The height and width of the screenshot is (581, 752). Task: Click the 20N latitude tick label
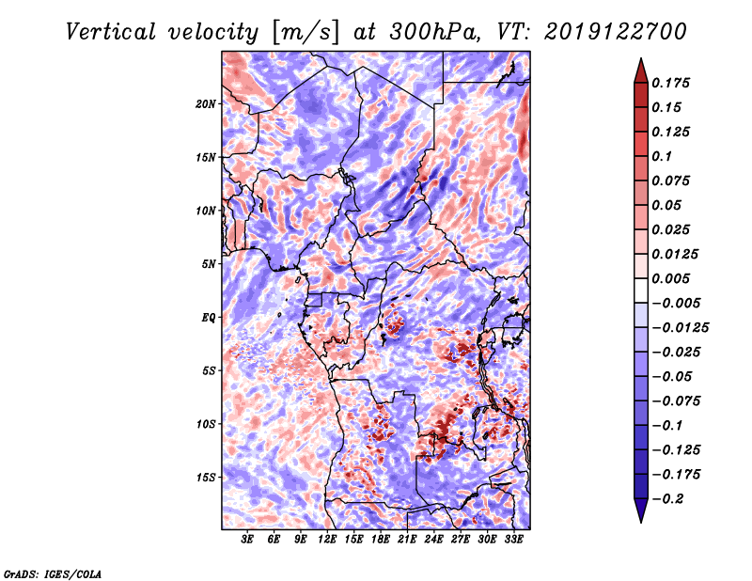click(206, 103)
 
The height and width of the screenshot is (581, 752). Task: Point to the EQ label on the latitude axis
click(208, 317)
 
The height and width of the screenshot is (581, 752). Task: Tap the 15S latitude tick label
click(206, 477)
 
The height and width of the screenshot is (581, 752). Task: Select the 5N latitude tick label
click(209, 263)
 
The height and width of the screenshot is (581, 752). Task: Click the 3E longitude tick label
click(248, 540)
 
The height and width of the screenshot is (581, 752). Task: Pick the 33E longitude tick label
click(514, 540)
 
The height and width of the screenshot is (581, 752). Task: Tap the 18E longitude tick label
click(381, 540)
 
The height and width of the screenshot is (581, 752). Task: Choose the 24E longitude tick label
click(434, 540)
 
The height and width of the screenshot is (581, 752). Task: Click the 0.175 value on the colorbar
click(673, 83)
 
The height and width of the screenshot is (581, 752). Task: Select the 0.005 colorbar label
click(673, 278)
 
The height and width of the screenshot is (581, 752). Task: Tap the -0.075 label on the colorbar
click(677, 400)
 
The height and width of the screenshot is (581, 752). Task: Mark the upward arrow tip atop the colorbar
click(639, 61)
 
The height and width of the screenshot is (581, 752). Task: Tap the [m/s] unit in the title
click(304, 31)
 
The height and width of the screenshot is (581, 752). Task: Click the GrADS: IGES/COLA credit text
click(53, 572)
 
